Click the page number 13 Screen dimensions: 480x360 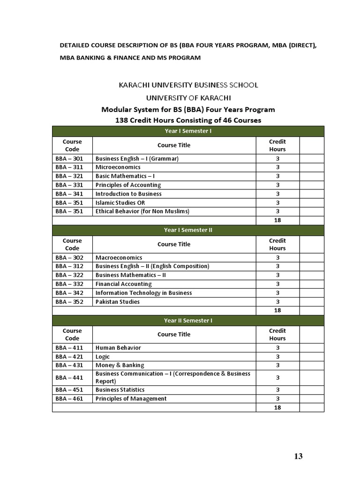tap(299, 456)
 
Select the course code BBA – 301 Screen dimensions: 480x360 tap(69, 158)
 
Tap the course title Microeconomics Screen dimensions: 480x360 tap(118, 167)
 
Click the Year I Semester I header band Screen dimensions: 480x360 tap(187, 131)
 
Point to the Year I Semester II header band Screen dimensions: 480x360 tap(187, 230)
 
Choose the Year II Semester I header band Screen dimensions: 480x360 tap(187, 321)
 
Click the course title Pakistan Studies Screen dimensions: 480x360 tap(117, 302)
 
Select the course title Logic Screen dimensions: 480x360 tap(103, 357)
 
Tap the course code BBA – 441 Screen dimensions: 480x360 tap(69, 377)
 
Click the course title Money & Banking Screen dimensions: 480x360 tap(120, 365)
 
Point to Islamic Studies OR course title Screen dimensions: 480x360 tap(119, 202)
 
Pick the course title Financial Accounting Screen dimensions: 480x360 tap(123, 284)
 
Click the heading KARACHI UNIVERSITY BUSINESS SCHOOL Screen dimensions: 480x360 tap(188, 85)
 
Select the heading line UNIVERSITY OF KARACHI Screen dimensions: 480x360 tap(188, 97)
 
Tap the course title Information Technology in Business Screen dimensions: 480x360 tap(143, 293)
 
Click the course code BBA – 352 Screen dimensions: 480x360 tap(69, 302)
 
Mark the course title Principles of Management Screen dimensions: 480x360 tap(131, 399)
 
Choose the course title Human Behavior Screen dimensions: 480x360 tap(118, 348)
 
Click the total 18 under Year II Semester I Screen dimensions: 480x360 tap(277, 408)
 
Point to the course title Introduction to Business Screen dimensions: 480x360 tap(128, 194)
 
